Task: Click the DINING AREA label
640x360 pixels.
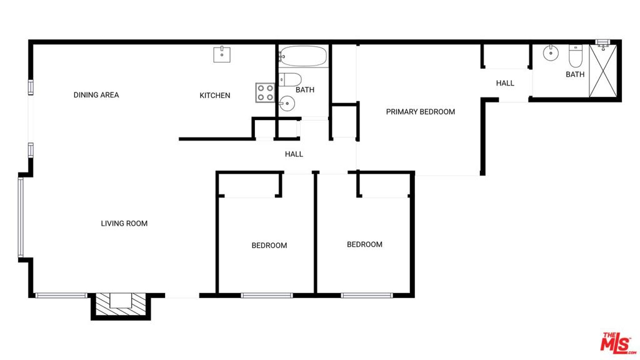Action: click(96, 95)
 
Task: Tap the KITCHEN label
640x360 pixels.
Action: click(215, 96)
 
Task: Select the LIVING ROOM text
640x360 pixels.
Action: click(124, 224)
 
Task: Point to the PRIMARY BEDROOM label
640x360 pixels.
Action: click(421, 112)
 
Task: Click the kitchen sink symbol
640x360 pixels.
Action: click(222, 55)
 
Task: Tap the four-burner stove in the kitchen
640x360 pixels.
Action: click(265, 92)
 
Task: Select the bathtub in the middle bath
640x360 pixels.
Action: click(303, 56)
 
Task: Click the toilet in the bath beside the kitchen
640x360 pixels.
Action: click(290, 79)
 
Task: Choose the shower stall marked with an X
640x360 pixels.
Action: click(603, 71)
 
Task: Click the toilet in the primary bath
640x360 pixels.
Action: click(576, 56)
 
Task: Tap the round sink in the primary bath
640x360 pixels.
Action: click(551, 53)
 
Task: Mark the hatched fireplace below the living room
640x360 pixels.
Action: click(121, 306)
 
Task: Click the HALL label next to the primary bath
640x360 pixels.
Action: click(505, 83)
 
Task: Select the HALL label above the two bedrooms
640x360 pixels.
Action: click(294, 154)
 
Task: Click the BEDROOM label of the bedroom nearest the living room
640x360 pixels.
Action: click(269, 246)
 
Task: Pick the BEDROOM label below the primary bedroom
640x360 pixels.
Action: click(364, 245)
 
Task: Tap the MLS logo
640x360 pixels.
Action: click(617, 342)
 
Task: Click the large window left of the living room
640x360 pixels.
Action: click(21, 217)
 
